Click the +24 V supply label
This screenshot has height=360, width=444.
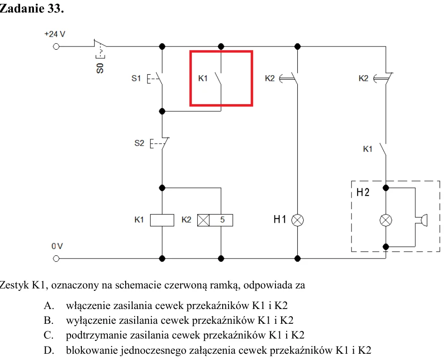(x=55, y=34)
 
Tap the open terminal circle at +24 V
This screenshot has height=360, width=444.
(x=56, y=47)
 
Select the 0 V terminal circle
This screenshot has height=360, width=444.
(x=56, y=258)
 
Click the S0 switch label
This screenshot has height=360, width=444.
(x=100, y=68)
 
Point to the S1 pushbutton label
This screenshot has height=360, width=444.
(x=136, y=78)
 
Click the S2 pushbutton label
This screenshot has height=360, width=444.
(x=139, y=143)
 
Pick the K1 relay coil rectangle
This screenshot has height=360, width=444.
(x=162, y=220)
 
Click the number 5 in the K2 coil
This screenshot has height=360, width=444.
(x=222, y=220)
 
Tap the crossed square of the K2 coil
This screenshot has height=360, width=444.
(x=203, y=220)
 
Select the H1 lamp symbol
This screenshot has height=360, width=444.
(x=297, y=220)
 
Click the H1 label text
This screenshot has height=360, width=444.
(x=280, y=219)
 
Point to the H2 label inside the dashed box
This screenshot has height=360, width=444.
(x=363, y=192)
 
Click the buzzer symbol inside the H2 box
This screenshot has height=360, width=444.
(x=423, y=220)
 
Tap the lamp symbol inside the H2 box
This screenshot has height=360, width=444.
(x=386, y=220)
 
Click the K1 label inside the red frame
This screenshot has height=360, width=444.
(x=203, y=78)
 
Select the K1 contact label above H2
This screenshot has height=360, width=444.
(x=368, y=149)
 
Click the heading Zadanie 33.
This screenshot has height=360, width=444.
(x=31, y=8)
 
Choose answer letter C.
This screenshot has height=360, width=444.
(x=48, y=335)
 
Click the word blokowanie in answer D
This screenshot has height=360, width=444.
(x=92, y=350)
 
